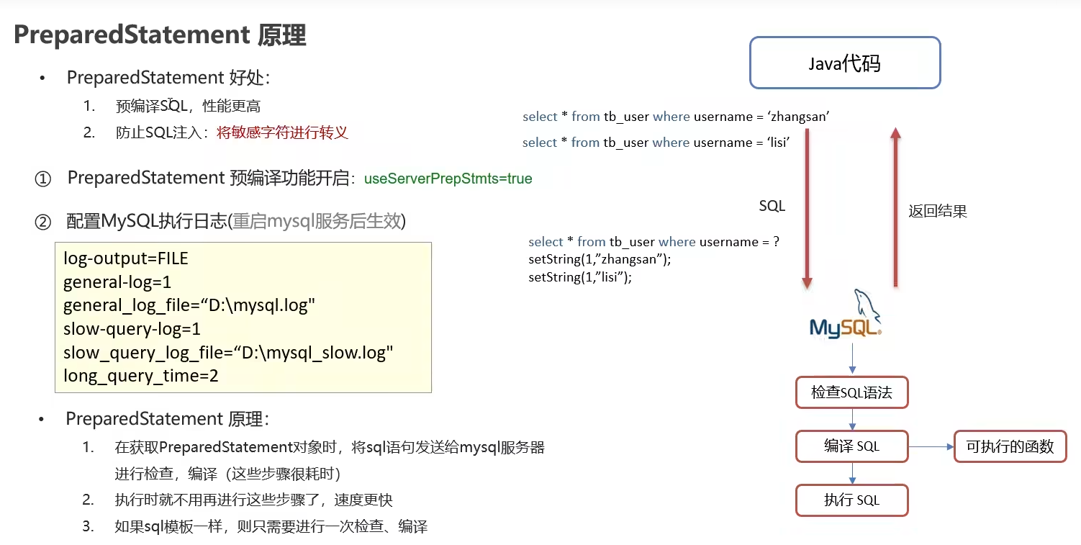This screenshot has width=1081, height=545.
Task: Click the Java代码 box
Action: (x=845, y=63)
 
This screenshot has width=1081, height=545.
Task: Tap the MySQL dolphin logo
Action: (x=846, y=315)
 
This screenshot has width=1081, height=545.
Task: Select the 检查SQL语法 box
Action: (x=851, y=393)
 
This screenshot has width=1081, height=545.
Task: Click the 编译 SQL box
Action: (x=851, y=446)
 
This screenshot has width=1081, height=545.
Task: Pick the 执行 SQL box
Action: (x=851, y=500)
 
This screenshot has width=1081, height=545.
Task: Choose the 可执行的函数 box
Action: (x=1010, y=446)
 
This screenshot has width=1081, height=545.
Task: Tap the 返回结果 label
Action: (x=937, y=211)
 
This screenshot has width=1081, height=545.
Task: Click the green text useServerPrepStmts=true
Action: (x=448, y=179)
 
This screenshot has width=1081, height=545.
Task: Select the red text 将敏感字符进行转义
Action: (x=282, y=132)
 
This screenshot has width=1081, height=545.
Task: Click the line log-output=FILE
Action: (x=125, y=258)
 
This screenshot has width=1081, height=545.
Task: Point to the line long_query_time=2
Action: (x=140, y=376)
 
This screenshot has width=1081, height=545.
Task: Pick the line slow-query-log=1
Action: (x=132, y=329)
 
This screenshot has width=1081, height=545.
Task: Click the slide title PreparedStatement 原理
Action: (x=160, y=35)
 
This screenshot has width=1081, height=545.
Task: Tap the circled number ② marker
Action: (x=43, y=222)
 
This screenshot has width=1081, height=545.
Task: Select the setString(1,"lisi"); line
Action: (x=579, y=277)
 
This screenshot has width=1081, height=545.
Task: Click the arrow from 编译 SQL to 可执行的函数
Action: (x=931, y=447)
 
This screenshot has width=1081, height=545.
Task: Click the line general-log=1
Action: (x=117, y=282)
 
